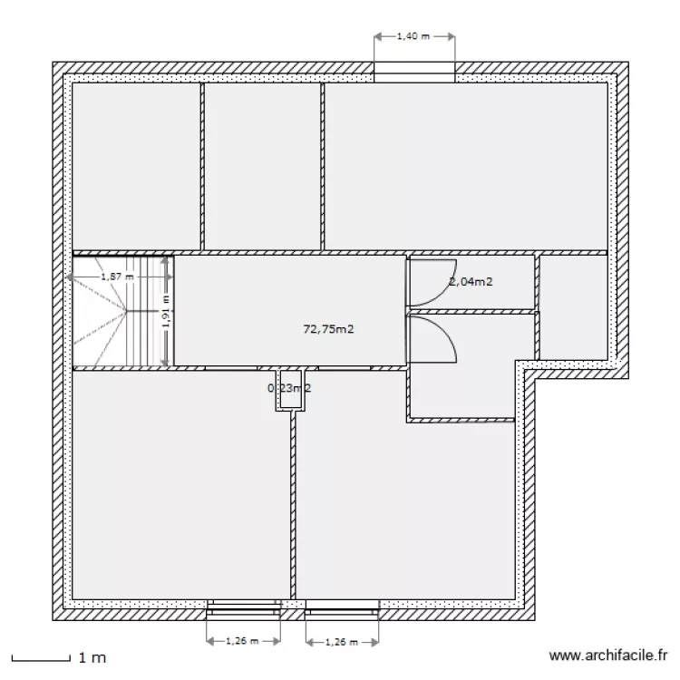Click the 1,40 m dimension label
pyautogui.click(x=413, y=37)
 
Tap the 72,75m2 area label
pyautogui.click(x=328, y=329)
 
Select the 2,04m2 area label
pyautogui.click(x=471, y=282)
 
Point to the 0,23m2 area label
pyautogui.click(x=289, y=388)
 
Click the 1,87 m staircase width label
pyautogui.click(x=117, y=276)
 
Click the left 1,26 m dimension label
pyautogui.click(x=242, y=641)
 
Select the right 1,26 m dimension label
pyautogui.click(x=341, y=641)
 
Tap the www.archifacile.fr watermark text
pyautogui.click(x=608, y=656)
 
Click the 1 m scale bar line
pyautogui.click(x=40, y=656)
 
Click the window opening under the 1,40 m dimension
pyautogui.click(x=414, y=73)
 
